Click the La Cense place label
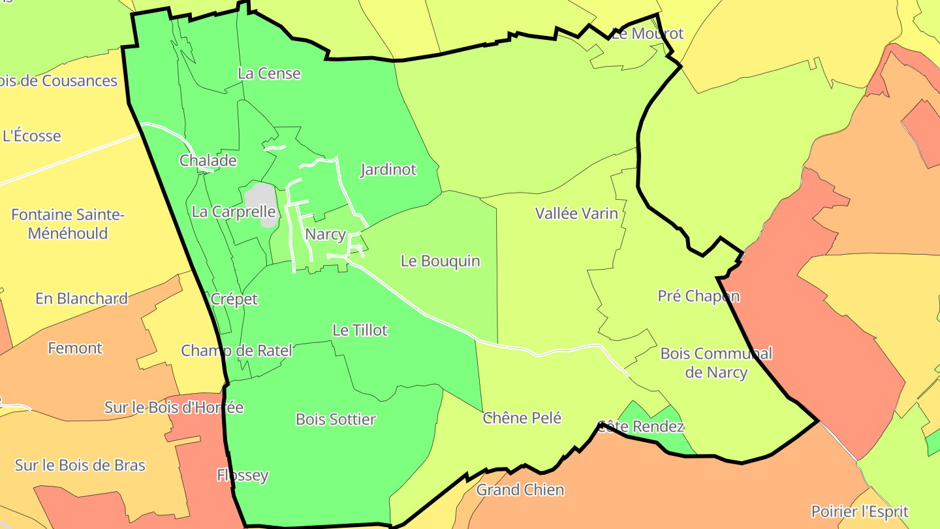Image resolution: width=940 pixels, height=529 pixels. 269,73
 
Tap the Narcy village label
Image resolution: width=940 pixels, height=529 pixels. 325,234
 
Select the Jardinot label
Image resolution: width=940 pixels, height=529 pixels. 388,170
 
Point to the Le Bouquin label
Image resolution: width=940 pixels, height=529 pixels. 440,261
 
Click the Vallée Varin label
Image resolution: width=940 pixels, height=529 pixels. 576,213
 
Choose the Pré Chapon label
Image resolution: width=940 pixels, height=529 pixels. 698,297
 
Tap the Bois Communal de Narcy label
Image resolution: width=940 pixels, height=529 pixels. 716,363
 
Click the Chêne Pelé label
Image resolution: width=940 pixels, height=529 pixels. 522,418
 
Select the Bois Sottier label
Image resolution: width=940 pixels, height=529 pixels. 336,419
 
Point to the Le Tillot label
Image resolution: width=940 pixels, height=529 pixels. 360,330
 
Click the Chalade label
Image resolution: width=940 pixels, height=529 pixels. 208,161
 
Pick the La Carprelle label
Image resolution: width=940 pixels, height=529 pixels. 233,212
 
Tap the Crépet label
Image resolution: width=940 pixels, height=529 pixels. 234,299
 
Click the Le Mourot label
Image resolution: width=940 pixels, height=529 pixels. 647,34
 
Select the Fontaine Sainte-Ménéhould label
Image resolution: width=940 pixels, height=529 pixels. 68,224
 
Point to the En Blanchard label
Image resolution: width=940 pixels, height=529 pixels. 82,298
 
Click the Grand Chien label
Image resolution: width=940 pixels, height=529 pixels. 520,490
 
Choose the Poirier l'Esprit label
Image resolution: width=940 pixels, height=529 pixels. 860,511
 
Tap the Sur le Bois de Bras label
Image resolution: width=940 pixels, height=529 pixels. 80,466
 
